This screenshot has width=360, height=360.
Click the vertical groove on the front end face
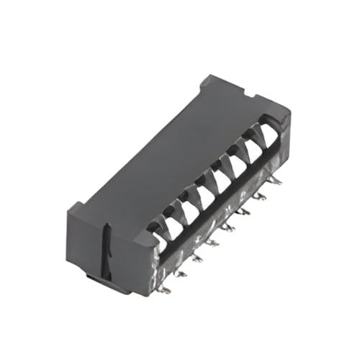[x=106, y=248]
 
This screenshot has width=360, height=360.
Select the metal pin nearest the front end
[x=165, y=289]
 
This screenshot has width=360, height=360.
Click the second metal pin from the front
[x=180, y=274]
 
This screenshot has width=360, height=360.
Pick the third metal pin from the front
[x=196, y=258]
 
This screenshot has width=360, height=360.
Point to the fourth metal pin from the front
[x=212, y=242]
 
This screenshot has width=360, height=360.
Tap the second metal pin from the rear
[x=259, y=195]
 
